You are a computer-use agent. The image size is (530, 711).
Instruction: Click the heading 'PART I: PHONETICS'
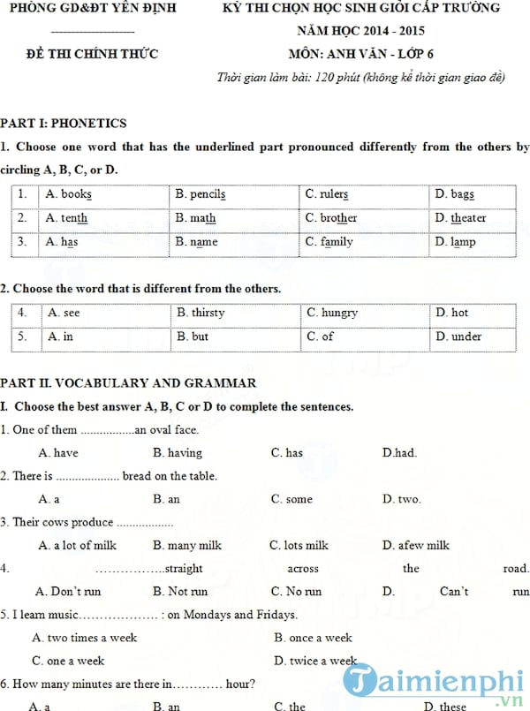point(64,124)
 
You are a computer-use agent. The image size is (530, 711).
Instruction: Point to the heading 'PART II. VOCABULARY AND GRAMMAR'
point(129,383)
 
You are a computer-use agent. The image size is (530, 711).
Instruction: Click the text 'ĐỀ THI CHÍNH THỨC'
point(93,54)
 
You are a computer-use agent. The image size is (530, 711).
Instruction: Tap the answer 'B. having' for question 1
point(177,453)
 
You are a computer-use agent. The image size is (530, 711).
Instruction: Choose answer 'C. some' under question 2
point(291,499)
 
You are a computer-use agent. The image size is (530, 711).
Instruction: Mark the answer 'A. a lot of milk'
point(77,546)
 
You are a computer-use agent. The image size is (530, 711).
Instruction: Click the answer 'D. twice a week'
point(315,661)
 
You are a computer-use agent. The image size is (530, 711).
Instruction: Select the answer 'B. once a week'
point(313,638)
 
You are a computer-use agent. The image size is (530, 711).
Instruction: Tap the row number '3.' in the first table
point(22,241)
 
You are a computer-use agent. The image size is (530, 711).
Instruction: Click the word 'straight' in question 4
point(184,569)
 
